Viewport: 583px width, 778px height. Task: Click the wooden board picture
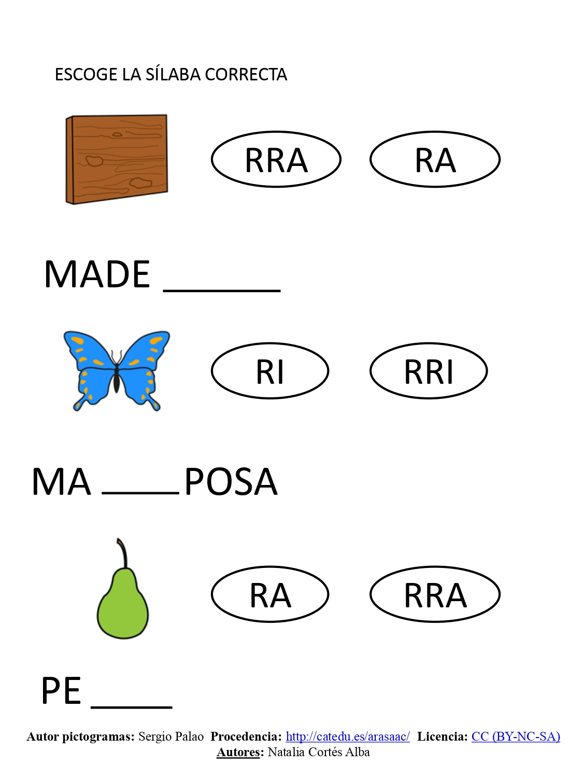tap(117, 159)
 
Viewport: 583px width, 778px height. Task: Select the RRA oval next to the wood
tap(276, 159)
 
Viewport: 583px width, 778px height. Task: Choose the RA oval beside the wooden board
tap(435, 159)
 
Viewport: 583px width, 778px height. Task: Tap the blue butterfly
tap(117, 371)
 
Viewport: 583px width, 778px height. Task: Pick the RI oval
tap(270, 371)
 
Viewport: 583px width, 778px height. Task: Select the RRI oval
tap(429, 371)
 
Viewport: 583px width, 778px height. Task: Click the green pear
tap(123, 589)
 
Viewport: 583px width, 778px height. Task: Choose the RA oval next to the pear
tap(270, 594)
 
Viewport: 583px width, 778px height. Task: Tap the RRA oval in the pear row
tap(435, 594)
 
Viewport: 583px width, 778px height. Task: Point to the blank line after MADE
tap(222, 291)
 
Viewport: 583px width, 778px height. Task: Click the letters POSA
tap(231, 482)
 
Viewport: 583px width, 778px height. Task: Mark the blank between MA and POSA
tap(140, 493)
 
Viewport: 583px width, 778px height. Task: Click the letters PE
tap(61, 690)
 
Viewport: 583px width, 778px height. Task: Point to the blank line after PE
tap(132, 707)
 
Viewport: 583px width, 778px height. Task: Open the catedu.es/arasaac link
tap(348, 737)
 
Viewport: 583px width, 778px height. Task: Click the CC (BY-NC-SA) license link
tap(516, 737)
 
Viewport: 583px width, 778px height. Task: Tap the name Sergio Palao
tap(171, 737)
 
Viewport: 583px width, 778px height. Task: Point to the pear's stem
tap(122, 553)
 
